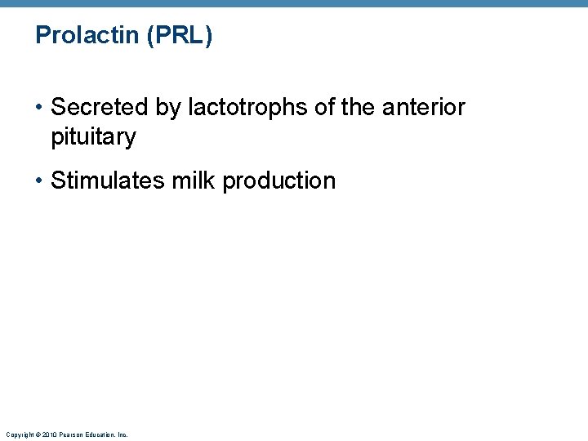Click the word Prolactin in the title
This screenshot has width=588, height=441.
tap(87, 36)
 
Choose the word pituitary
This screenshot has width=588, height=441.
tap(93, 136)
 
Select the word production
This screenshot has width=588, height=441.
tap(278, 180)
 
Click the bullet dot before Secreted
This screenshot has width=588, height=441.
tap(39, 107)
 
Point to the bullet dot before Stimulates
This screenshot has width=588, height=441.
tap(39, 180)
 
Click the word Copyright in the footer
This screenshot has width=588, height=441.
tap(18, 434)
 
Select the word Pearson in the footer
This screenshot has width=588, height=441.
tap(71, 434)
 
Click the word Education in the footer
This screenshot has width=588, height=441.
tap(100, 434)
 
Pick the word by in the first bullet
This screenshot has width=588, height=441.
tap(172, 107)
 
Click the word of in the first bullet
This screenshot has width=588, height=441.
tap(323, 107)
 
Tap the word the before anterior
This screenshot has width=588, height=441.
tap(357, 107)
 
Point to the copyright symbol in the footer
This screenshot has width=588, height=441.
tap(38, 434)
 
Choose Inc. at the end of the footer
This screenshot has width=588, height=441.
tap(123, 434)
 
